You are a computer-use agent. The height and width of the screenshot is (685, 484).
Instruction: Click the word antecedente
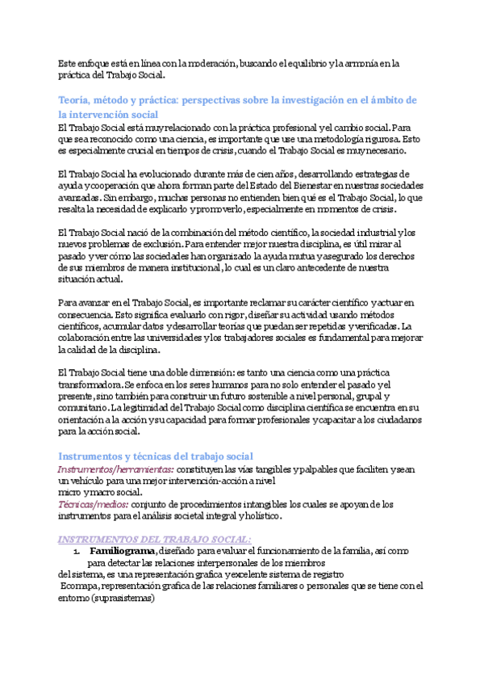click(x=323, y=267)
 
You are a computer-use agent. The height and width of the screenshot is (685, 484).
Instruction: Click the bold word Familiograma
click(x=123, y=550)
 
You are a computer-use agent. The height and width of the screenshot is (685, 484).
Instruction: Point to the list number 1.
click(x=75, y=551)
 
